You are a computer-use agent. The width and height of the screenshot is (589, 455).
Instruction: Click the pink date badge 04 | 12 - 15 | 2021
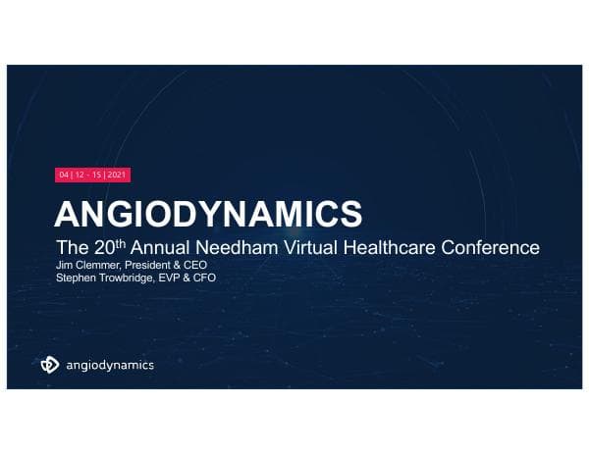93,175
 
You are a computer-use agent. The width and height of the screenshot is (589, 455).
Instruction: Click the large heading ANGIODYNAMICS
207,214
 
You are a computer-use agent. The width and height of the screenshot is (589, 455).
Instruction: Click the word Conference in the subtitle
496,246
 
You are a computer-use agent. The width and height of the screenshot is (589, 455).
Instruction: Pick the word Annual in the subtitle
170,246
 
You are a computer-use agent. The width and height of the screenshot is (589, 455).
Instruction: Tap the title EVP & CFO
189,278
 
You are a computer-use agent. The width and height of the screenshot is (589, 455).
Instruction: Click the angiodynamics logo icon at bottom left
50,365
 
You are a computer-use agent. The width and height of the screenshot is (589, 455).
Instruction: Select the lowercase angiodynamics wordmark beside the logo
109,366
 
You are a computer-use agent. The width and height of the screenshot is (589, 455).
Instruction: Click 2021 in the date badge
117,175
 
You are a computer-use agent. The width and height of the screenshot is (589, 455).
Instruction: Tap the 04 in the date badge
64,175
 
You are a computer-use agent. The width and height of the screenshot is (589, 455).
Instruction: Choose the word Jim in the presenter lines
63,265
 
